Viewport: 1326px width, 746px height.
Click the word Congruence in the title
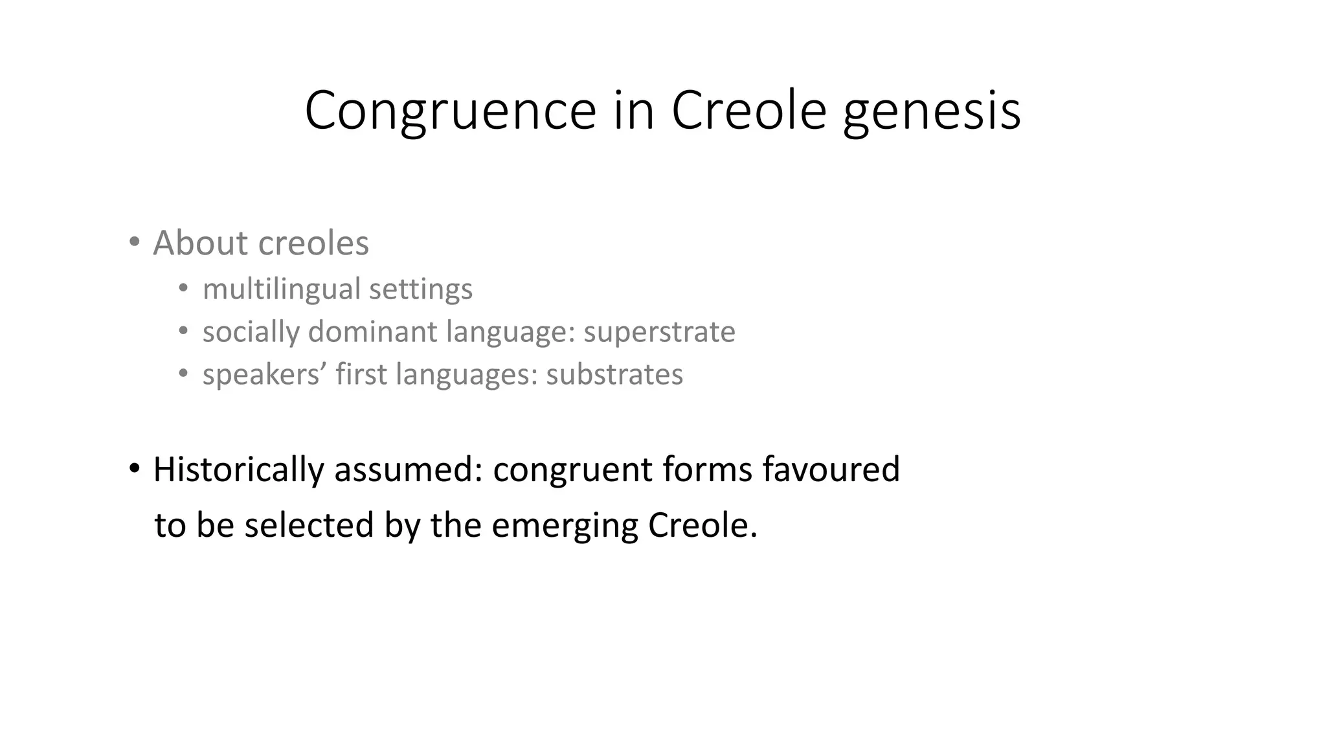(450, 111)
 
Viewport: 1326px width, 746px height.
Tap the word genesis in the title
(932, 111)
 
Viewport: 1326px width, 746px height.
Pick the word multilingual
(282, 289)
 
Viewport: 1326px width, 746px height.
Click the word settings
(421, 289)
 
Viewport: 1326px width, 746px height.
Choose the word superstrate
(659, 332)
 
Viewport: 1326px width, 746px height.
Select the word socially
(251, 332)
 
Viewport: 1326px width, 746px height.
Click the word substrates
(614, 374)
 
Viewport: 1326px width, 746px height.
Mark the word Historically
(238, 469)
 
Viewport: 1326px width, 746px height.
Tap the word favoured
(831, 469)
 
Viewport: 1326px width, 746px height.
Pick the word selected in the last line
(309, 525)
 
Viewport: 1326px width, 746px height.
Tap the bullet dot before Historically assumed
(134, 468)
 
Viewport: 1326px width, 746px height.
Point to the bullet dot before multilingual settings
(184, 288)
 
